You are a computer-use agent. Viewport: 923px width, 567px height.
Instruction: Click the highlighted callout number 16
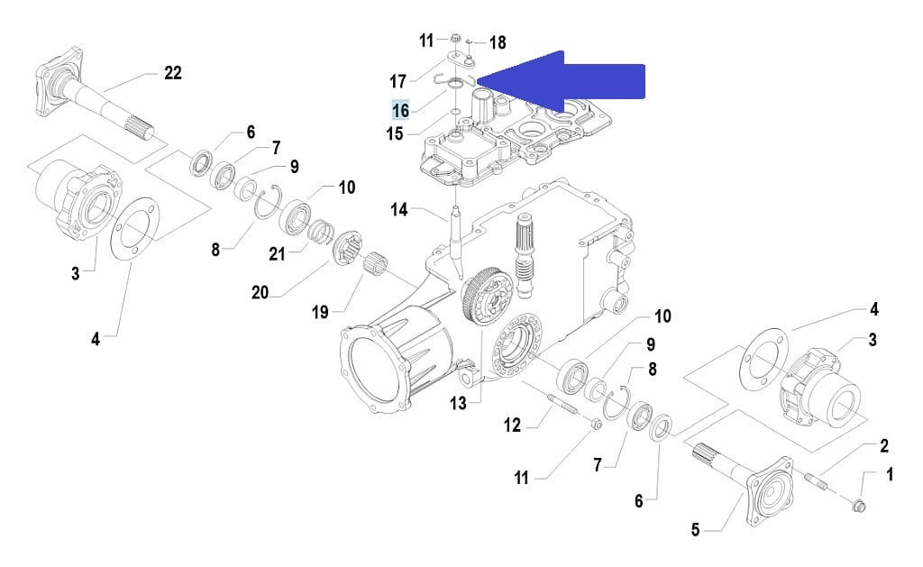pos(400,110)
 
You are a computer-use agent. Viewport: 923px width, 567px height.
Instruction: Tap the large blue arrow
pos(568,79)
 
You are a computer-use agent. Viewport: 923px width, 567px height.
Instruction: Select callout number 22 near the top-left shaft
pos(173,73)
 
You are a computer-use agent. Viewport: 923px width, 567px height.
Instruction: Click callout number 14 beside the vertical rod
pos(399,210)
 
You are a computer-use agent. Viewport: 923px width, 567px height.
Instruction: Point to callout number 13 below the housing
pos(459,403)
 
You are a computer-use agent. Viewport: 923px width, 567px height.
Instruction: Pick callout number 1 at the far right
pos(890,473)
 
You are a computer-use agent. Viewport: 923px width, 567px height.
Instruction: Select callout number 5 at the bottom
pos(695,530)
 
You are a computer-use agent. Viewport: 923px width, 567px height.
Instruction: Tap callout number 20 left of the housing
pos(260,291)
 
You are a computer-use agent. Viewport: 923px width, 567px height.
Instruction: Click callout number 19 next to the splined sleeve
pos(320,312)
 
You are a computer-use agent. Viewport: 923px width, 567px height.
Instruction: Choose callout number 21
pos(277,254)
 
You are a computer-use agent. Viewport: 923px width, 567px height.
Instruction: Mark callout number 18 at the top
pos(497,41)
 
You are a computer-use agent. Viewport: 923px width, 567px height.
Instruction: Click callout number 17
pos(398,81)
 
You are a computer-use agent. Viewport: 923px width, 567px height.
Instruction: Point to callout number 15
pos(395,134)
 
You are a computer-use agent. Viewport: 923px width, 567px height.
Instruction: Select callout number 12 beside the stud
pos(512,424)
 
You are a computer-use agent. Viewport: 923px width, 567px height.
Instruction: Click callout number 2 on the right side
pos(884,445)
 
